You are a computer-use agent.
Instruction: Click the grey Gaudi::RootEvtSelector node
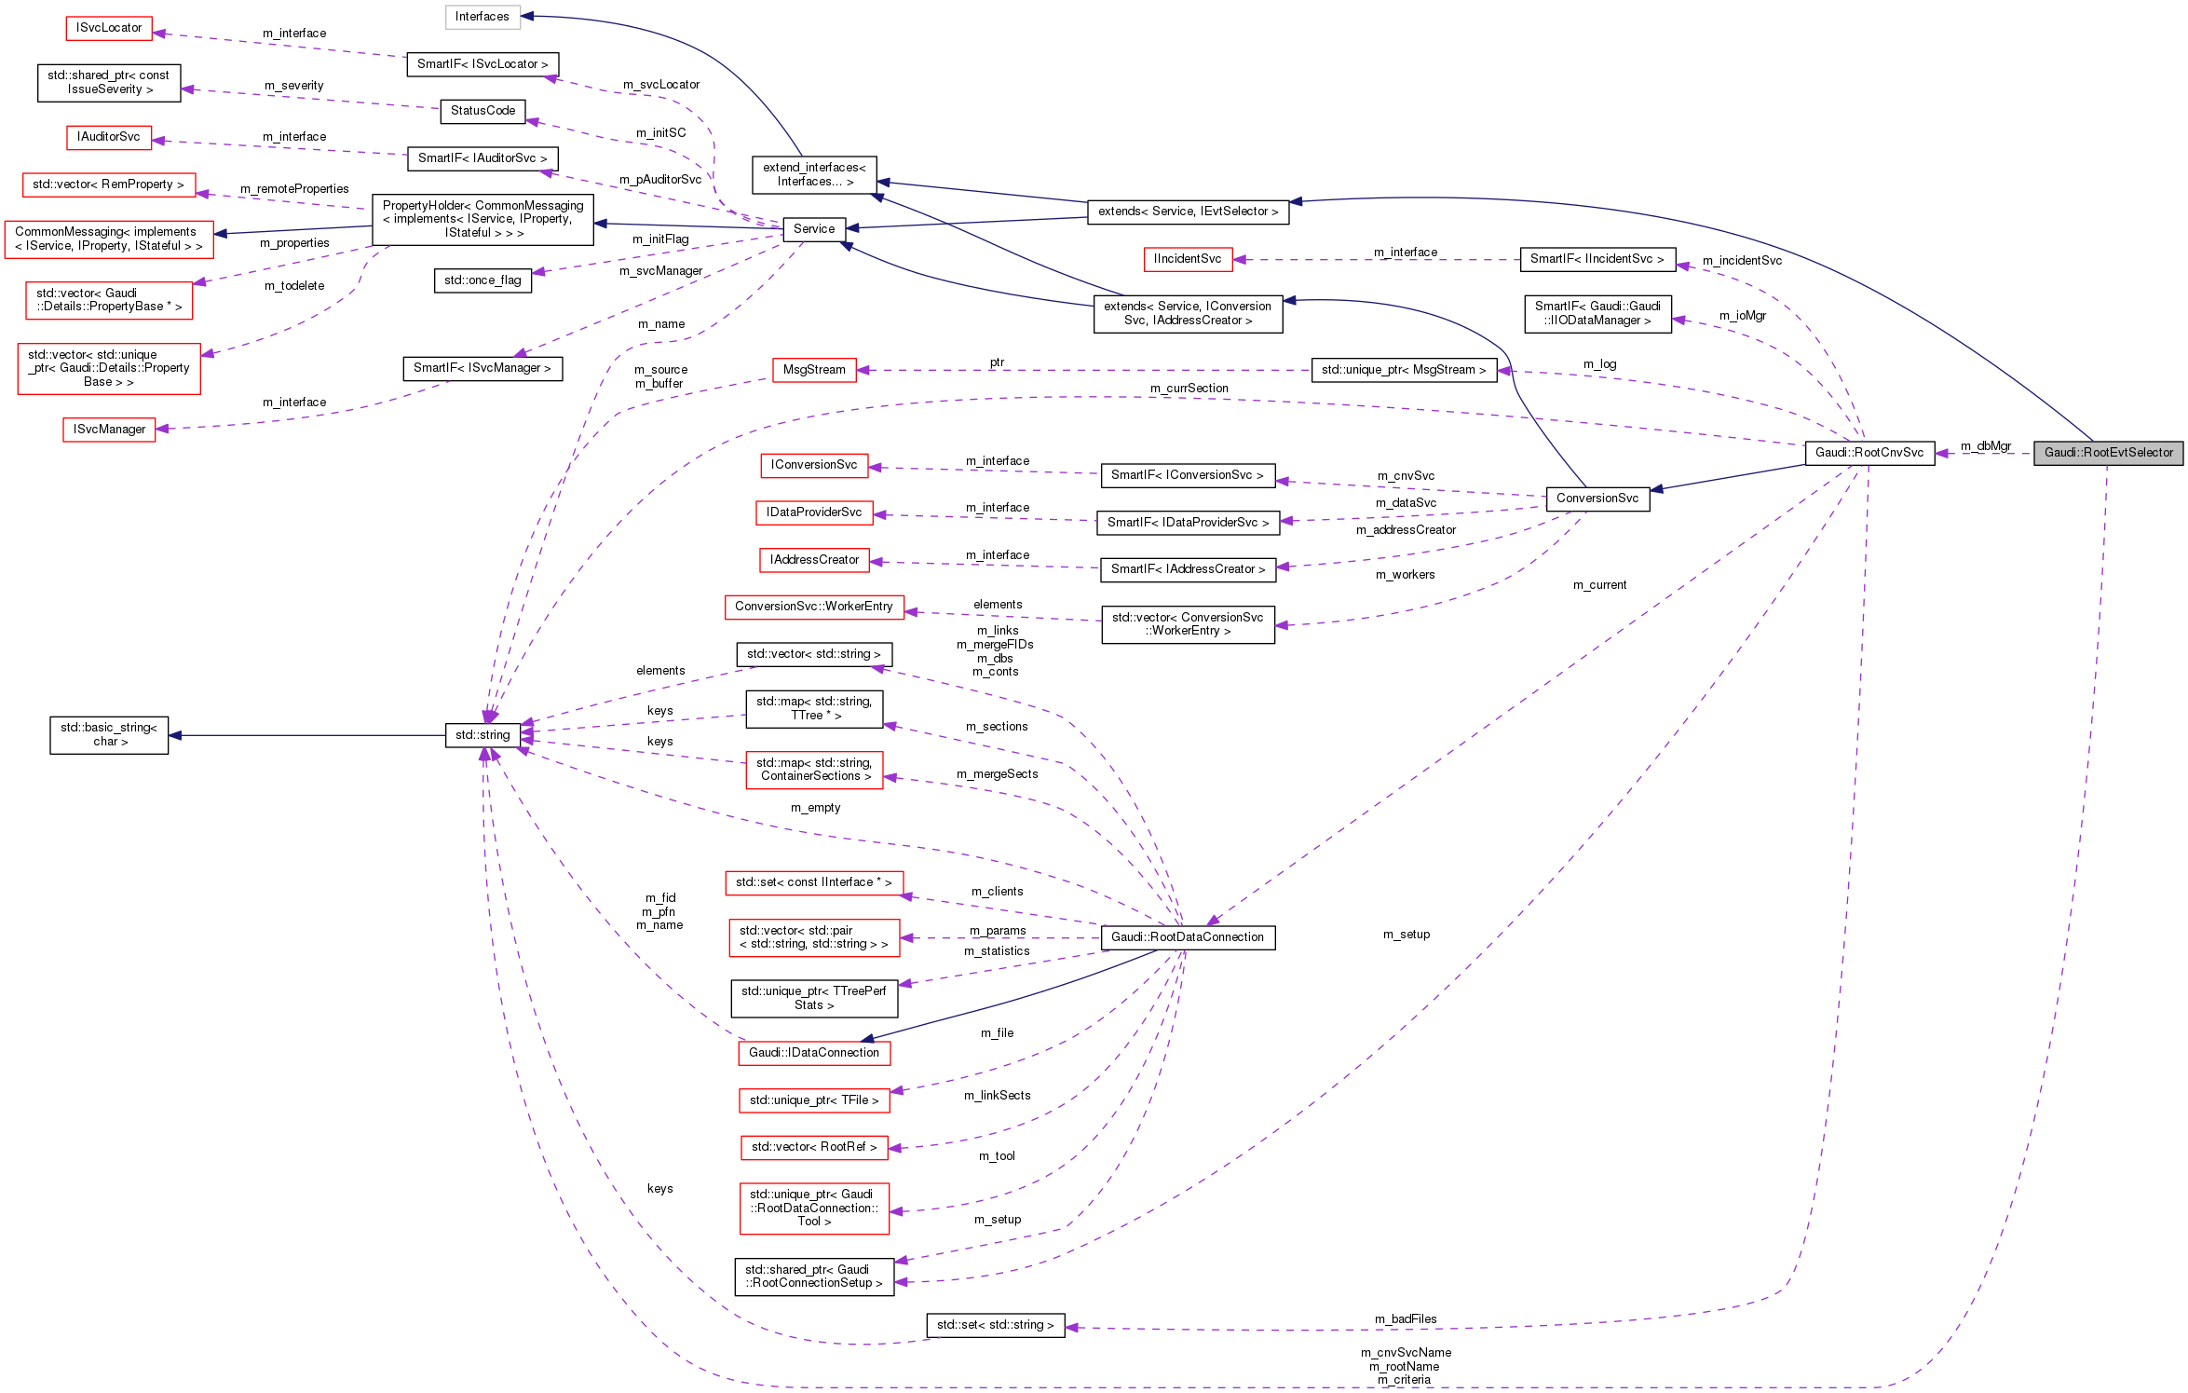pos(2108,453)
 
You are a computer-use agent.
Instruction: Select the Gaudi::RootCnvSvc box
pos(1869,453)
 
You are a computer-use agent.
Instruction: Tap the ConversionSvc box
pos(1597,498)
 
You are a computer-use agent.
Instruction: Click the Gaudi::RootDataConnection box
pos(1187,937)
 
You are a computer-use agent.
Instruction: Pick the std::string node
pos(482,735)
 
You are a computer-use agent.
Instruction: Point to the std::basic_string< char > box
pos(109,735)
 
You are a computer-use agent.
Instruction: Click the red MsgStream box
pos(813,370)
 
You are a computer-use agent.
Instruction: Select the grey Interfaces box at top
pos(482,17)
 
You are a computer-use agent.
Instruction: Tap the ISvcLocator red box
pos(109,28)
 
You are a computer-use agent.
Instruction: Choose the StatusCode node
pos(482,111)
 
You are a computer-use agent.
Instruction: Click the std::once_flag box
pos(482,280)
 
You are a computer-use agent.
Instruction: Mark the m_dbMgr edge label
pos(1986,446)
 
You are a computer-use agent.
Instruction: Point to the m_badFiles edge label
pos(1406,1318)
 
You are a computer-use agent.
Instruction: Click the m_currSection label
pos(1189,389)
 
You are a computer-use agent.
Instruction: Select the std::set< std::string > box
pos(995,1325)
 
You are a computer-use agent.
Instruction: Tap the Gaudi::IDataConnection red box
pos(813,1053)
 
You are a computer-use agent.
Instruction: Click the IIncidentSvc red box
pos(1187,259)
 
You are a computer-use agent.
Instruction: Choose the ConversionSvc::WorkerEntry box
pos(813,607)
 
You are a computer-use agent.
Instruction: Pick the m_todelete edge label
pos(294,286)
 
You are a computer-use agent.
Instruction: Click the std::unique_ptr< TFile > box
pos(813,1100)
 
